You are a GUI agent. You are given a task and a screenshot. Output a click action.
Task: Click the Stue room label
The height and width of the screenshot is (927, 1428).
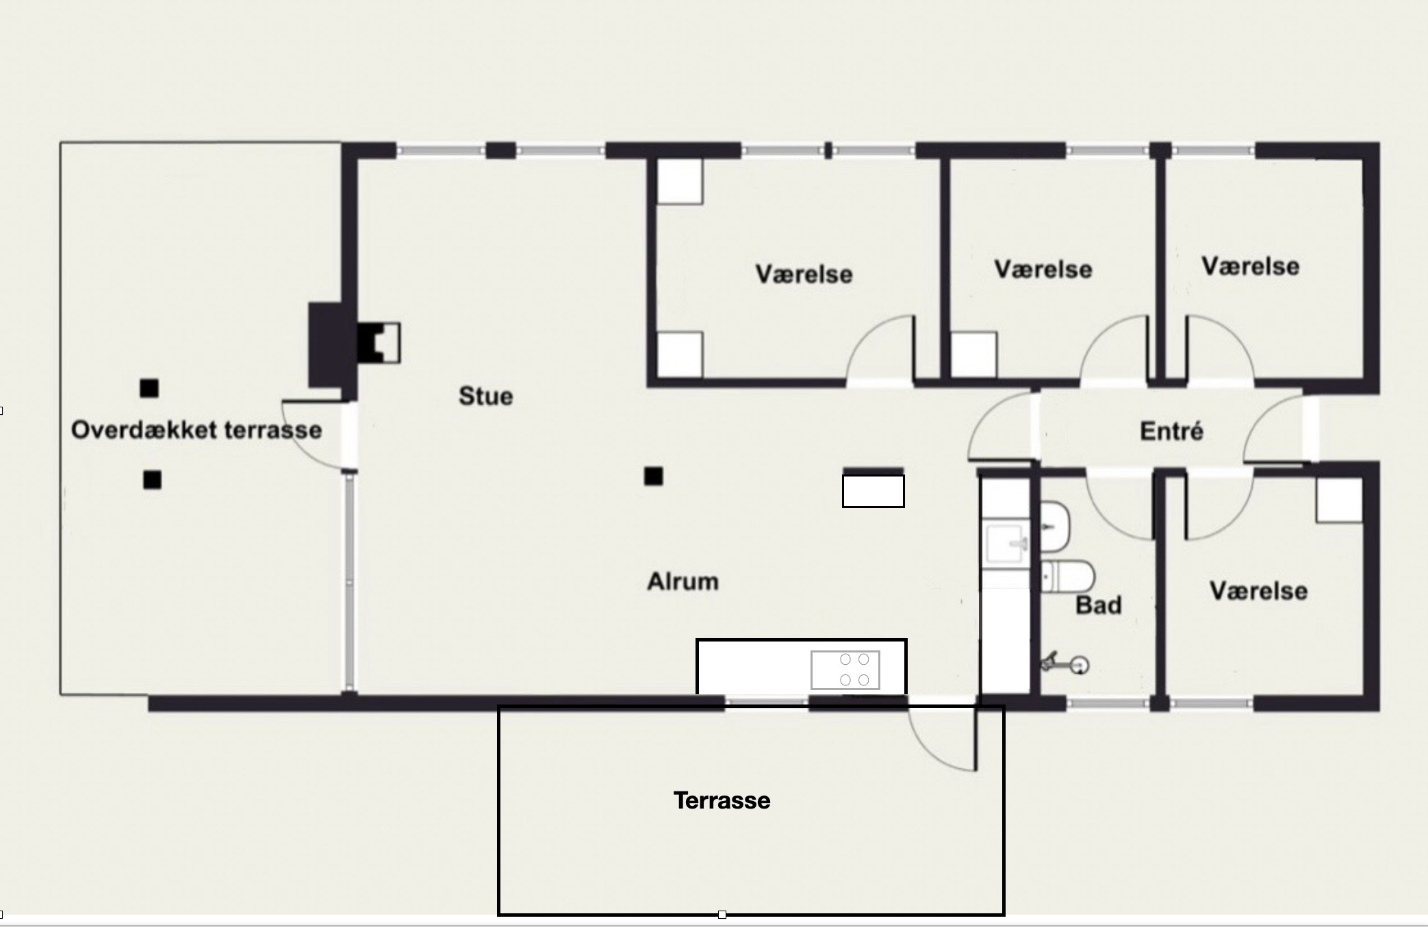(485, 396)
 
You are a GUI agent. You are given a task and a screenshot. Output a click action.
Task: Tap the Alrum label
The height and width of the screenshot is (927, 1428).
(683, 581)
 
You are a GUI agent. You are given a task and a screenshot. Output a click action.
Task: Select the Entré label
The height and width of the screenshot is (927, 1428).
(1171, 431)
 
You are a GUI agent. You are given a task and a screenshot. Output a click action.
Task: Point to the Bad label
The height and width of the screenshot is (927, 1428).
(1098, 605)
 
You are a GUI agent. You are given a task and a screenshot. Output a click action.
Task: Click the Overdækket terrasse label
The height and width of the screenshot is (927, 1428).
(196, 430)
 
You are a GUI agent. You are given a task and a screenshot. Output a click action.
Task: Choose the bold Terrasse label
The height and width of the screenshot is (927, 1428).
(722, 800)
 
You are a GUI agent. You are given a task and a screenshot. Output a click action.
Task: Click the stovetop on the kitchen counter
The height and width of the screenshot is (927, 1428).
(845, 670)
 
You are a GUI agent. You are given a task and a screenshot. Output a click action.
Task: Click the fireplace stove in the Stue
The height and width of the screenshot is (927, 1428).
(379, 342)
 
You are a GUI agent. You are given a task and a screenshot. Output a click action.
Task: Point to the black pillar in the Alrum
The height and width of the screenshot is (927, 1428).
(653, 476)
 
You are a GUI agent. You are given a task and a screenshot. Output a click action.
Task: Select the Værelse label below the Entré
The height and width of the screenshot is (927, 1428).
(1258, 591)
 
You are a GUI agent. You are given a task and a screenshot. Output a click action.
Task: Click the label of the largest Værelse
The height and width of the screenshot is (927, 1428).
(804, 274)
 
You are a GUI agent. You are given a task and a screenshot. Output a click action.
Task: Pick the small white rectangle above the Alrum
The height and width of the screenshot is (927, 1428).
(873, 491)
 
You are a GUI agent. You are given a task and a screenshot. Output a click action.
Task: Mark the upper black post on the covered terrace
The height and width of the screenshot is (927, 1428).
(149, 389)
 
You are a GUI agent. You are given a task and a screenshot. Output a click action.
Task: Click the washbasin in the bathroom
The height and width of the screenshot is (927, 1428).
(1055, 526)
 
